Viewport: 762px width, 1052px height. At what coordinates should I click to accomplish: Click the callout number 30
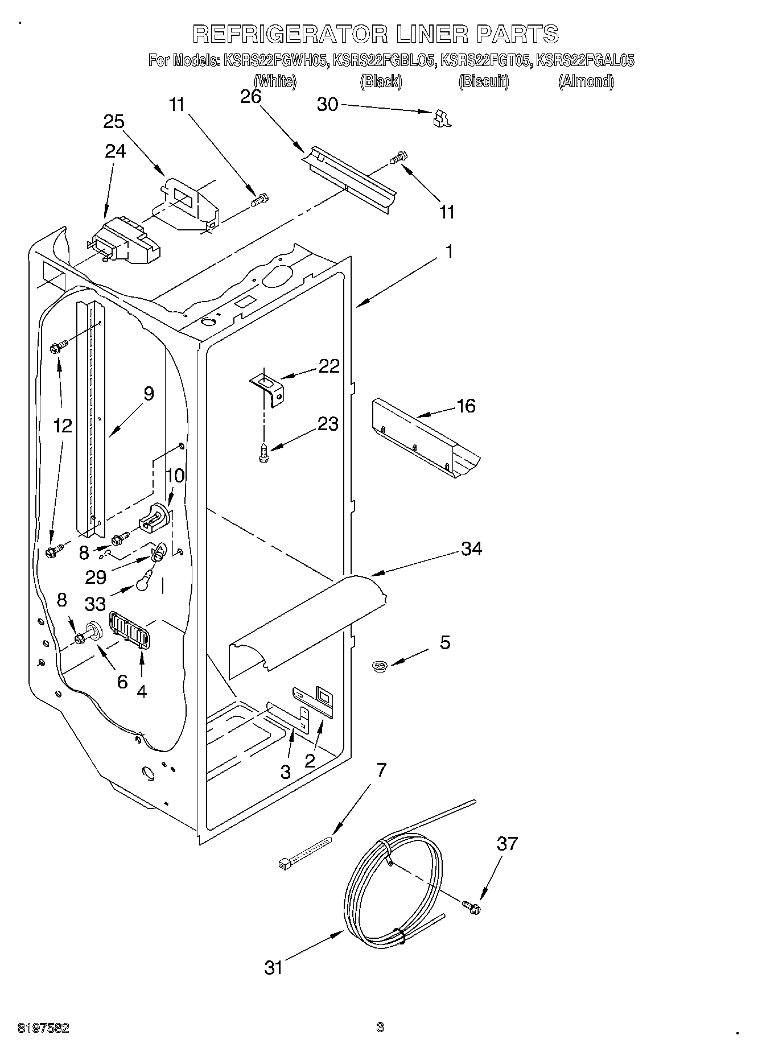[327, 105]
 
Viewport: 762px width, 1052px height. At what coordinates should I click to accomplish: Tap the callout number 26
[250, 97]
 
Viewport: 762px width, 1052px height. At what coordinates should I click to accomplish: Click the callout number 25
[114, 122]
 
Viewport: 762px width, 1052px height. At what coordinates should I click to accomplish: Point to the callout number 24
[115, 151]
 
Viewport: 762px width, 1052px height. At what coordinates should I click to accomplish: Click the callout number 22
[329, 365]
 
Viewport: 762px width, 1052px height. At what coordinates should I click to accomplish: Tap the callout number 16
[466, 406]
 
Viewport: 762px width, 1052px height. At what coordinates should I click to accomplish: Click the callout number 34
[472, 548]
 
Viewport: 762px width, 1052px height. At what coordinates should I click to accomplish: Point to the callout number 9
[149, 393]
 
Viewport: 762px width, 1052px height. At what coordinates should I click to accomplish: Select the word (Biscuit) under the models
[483, 81]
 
